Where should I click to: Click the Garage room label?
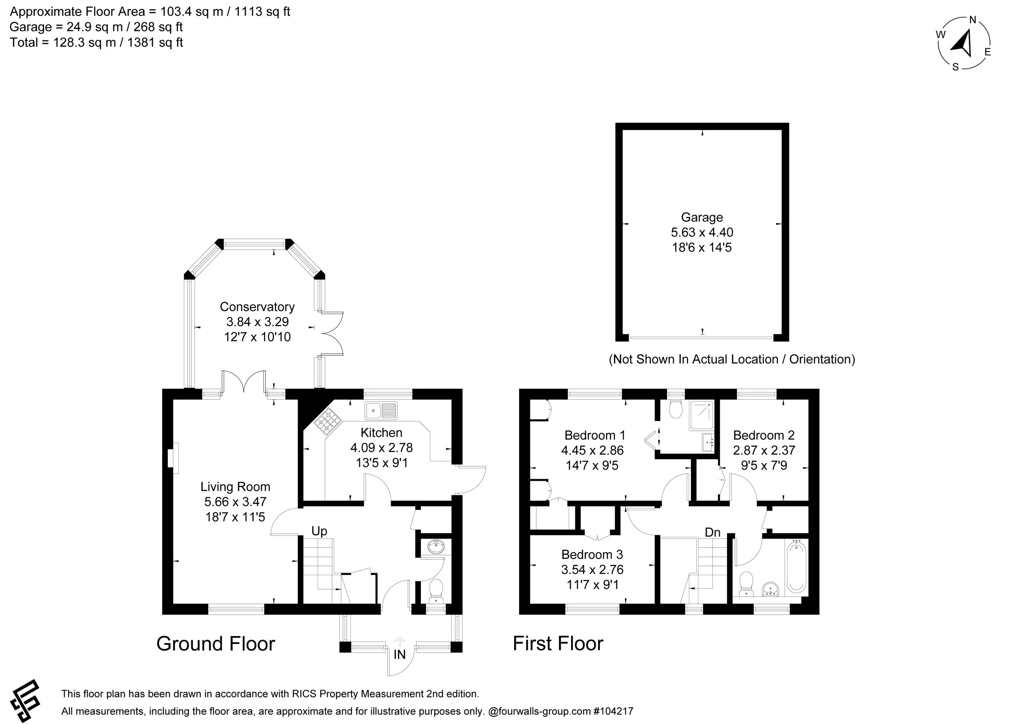[701, 217]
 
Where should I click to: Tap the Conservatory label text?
[257, 307]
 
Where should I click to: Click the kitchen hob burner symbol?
[327, 421]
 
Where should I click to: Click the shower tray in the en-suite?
[701, 415]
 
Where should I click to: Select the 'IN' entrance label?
[400, 654]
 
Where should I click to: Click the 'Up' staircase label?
[319, 531]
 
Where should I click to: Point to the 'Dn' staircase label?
[712, 532]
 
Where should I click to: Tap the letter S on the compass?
[955, 67]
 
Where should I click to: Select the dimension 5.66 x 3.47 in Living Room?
[235, 502]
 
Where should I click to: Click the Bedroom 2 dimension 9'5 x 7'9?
[764, 465]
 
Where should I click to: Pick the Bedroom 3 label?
[592, 555]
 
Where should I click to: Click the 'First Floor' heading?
[558, 643]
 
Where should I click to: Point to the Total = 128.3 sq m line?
[96, 43]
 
